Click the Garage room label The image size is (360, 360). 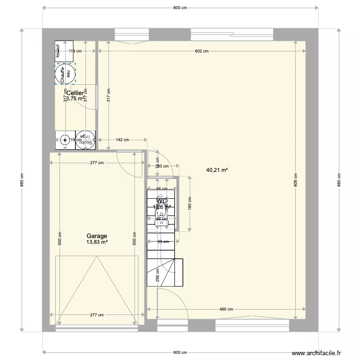96,236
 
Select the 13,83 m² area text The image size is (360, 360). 96,242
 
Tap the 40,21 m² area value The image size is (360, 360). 216,170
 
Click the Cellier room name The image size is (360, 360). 75,93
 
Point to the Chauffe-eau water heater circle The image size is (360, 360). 65,74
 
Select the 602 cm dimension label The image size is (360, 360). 202,50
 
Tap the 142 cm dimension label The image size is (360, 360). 122,140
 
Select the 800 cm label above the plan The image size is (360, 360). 180,8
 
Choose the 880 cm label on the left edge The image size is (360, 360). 22,180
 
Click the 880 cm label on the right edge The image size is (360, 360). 338,180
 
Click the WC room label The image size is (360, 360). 162,201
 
